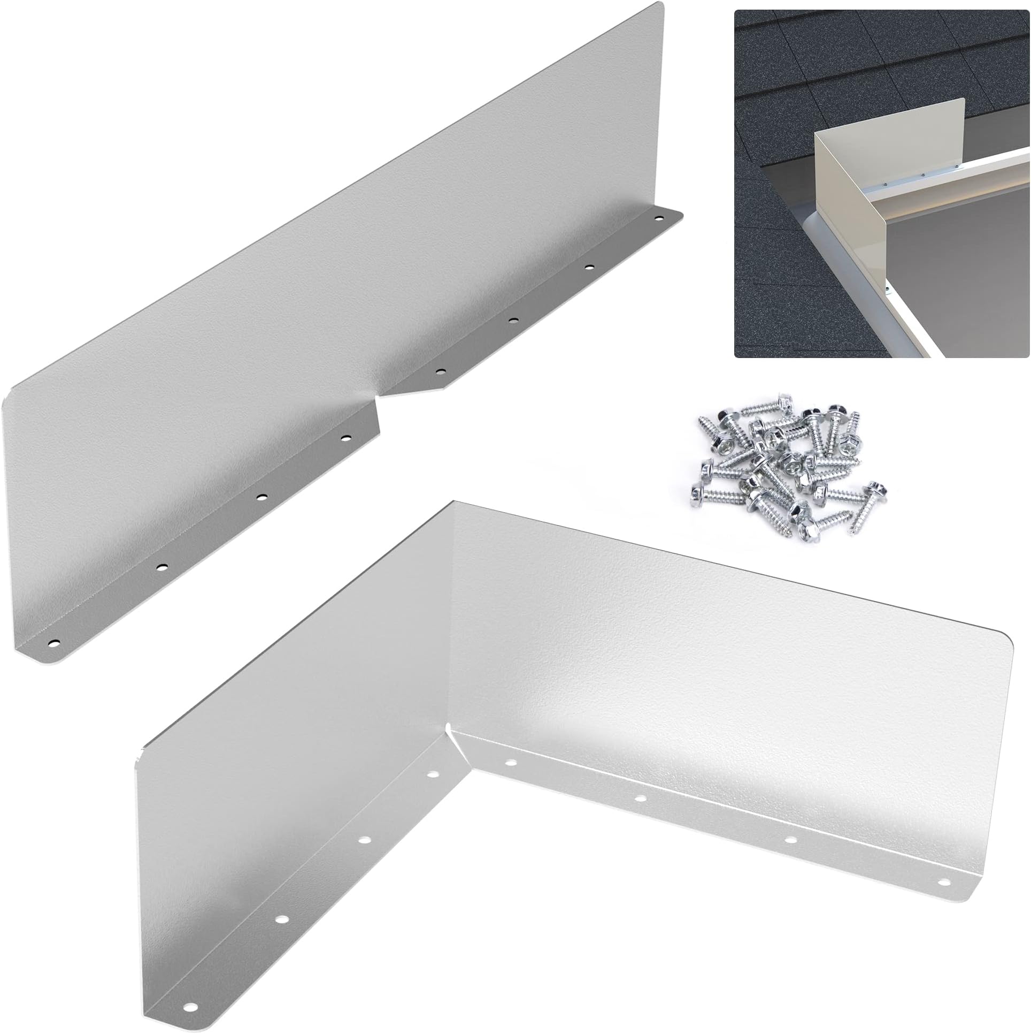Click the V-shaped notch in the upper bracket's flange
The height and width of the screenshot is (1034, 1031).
(380, 397)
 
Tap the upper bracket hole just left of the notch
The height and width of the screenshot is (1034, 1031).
(345, 438)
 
